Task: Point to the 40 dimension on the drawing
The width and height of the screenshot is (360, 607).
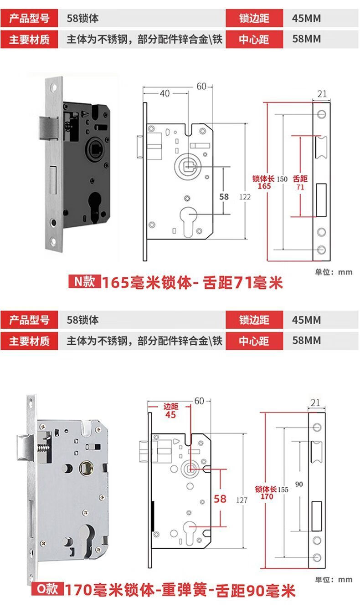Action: [165, 93]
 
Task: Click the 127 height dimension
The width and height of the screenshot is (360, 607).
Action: [242, 500]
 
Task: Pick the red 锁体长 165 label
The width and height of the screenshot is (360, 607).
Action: [264, 182]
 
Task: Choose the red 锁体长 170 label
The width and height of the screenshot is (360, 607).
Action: [266, 493]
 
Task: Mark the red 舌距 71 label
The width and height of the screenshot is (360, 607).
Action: [300, 182]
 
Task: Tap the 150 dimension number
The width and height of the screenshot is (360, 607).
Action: [282, 179]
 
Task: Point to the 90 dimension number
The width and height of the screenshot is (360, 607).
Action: [299, 484]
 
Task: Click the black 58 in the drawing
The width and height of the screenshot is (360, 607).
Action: [224, 197]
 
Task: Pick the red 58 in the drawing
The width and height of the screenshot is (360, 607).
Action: [220, 499]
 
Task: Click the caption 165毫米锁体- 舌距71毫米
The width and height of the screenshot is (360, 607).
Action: [192, 283]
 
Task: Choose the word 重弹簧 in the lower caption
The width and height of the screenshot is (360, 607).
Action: [182, 591]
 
